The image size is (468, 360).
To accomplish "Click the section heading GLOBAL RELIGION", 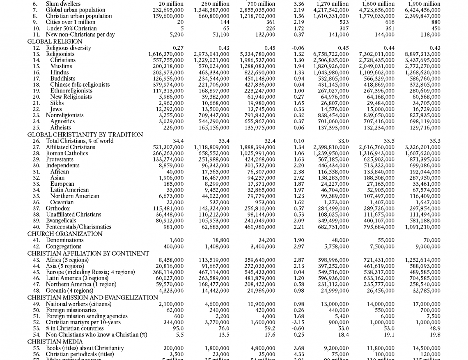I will tap(55, 42).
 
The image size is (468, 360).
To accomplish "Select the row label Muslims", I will tap(61, 66).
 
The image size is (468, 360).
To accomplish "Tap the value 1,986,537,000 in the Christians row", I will tap(258, 60).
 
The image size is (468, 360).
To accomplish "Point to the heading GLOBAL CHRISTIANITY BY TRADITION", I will tap(85, 135).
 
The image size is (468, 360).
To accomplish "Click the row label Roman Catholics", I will tap(67, 153).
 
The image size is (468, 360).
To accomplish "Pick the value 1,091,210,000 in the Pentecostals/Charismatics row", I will tap(422, 227).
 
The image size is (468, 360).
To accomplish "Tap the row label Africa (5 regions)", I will tap(67, 260).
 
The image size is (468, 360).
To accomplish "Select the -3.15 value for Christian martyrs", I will tap(299, 323).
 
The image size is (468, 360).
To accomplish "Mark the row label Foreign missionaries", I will tap(71, 310).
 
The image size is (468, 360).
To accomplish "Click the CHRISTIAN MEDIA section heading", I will tap(55, 342).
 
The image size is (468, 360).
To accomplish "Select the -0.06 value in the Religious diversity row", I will tap(299, 48).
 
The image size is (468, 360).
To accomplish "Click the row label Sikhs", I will tap(57, 103).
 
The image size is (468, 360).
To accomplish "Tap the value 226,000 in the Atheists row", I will tap(174, 128).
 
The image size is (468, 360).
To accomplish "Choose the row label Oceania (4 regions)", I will tap(69, 291).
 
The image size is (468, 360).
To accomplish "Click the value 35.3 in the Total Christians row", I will tap(435, 141).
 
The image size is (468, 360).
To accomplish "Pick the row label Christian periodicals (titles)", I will tap(80, 354).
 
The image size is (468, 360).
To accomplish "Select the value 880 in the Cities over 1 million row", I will tap(435, 22).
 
